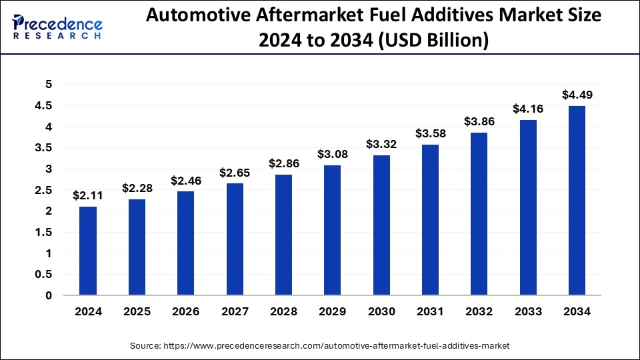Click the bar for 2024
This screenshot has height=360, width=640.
click(x=88, y=251)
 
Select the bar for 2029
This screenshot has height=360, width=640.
click(x=333, y=230)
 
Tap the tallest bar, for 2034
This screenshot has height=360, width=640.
click(x=577, y=201)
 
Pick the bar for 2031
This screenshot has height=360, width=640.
click(x=431, y=220)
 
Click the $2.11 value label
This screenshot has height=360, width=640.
click(x=87, y=195)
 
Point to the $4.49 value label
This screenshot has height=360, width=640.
click(x=577, y=95)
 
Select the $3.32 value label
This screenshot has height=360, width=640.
click(x=381, y=144)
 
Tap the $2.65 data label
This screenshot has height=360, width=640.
click(x=235, y=173)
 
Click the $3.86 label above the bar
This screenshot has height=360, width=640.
click(x=479, y=121)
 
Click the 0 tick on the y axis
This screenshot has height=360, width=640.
click(x=47, y=295)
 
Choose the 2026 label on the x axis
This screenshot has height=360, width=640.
click(x=186, y=311)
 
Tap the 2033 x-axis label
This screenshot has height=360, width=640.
click(x=528, y=311)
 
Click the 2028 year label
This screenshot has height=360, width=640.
click(x=283, y=311)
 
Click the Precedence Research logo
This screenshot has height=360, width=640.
click(x=57, y=27)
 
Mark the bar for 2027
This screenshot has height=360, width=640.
click(x=235, y=239)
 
